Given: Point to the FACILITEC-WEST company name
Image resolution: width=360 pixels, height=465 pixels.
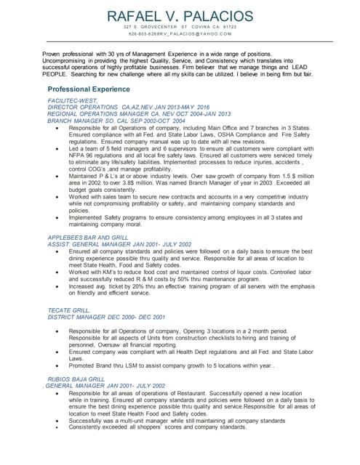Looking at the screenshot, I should click(x=72, y=100).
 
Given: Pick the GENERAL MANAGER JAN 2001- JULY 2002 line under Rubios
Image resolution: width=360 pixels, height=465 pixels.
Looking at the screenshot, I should click(x=105, y=385).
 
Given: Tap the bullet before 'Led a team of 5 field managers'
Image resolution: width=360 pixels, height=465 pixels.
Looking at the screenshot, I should click(x=57, y=147).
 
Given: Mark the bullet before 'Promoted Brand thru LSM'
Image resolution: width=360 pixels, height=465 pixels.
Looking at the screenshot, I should click(x=57, y=364).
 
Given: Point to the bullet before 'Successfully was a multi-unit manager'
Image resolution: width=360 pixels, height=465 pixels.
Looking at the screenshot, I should click(x=57, y=419).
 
